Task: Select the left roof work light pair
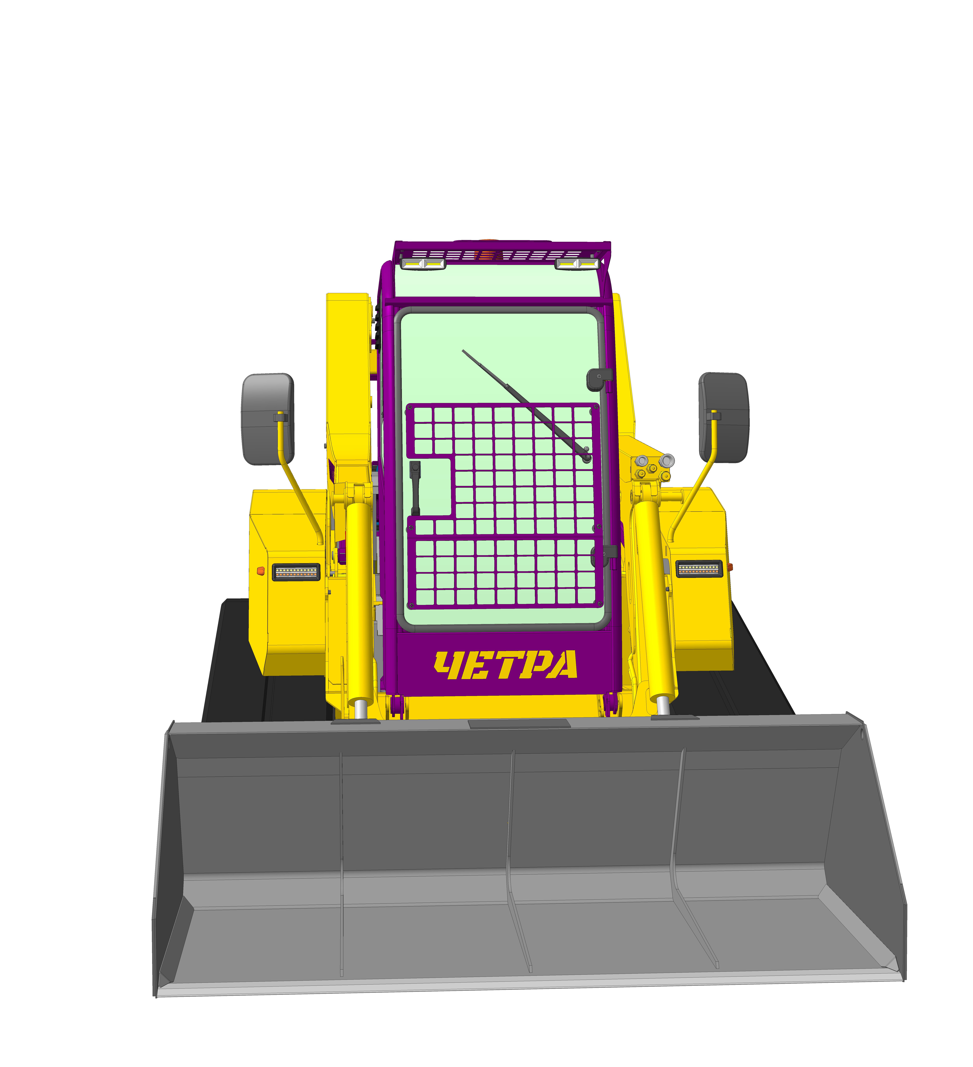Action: click(423, 263)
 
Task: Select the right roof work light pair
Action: click(577, 263)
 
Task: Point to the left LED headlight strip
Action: click(296, 572)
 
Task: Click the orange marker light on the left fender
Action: click(260, 571)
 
